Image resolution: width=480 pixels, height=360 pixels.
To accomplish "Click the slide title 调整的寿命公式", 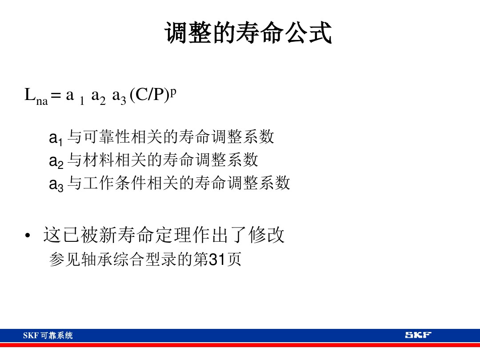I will click(248, 33).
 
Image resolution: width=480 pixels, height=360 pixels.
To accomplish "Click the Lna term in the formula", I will click(36, 96).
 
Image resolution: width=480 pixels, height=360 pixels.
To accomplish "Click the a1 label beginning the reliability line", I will click(56, 139).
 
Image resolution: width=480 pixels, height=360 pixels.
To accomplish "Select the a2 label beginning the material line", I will click(56, 161).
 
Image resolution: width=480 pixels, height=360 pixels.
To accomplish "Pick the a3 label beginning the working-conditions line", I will click(56, 184).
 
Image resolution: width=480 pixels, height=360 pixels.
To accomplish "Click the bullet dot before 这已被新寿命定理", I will click(28, 236).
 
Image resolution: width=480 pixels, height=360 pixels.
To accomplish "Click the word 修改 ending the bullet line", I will click(267, 235).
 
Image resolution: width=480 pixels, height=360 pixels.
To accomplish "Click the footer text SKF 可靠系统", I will click(48, 336).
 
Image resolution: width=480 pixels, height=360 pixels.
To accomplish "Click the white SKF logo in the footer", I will click(418, 335).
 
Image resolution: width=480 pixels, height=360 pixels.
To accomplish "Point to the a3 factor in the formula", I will click(119, 96).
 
